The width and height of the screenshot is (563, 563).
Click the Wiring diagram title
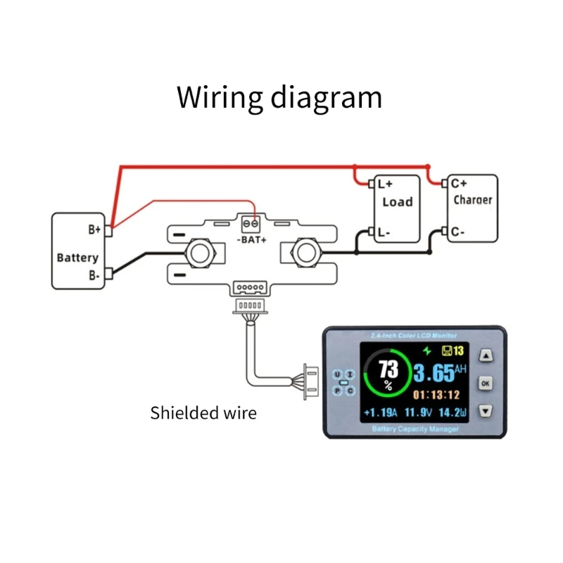[279, 97]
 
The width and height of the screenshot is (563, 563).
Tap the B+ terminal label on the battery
[94, 229]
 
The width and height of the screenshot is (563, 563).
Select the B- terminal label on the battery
[94, 277]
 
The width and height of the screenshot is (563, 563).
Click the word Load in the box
[397, 202]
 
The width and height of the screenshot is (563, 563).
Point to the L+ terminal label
[385, 184]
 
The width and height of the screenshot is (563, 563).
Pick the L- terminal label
[384, 232]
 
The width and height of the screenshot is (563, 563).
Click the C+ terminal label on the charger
[459, 183]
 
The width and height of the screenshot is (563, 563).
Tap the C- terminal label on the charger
[458, 231]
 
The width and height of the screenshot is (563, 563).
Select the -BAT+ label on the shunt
[251, 240]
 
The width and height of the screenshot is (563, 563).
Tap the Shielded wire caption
[203, 413]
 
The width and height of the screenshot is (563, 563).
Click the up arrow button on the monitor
[486, 357]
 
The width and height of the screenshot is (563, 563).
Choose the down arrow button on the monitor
[486, 410]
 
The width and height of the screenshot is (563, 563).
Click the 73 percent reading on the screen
[388, 369]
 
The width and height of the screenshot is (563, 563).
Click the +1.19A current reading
[380, 412]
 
